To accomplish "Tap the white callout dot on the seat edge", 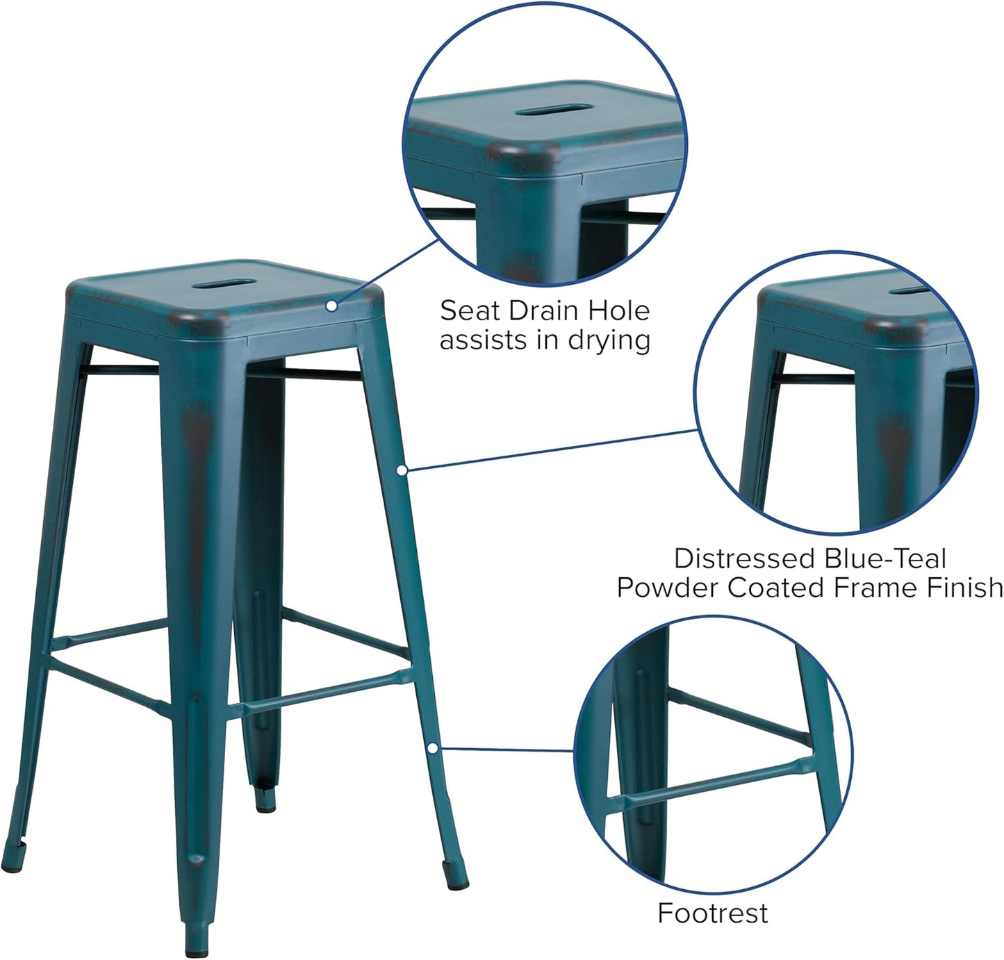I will (332, 305).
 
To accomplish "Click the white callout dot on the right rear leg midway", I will (401, 470).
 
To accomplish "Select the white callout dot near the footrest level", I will (432, 747).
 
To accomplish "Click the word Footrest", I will (712, 913).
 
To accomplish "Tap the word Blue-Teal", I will (885, 558).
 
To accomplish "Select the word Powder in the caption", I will (668, 588).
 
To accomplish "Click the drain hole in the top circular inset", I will (554, 109).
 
